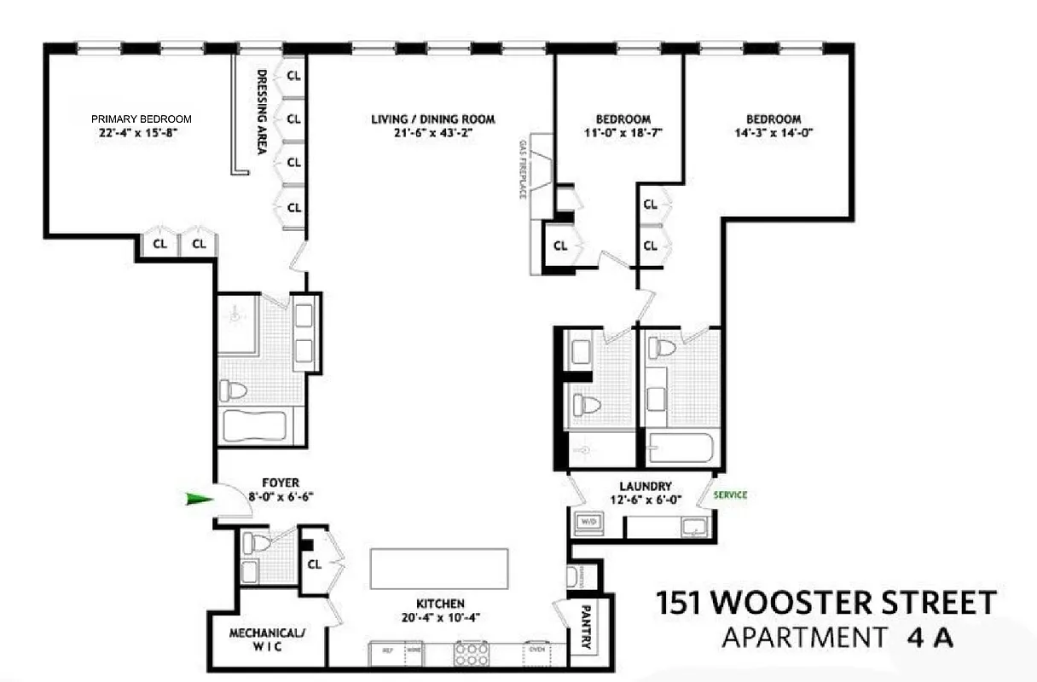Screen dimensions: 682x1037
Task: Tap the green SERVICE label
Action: point(730,495)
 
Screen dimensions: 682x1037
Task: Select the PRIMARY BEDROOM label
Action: point(142,119)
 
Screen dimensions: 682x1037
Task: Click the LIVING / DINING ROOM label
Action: point(432,119)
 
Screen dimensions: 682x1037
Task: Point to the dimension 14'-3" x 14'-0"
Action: point(773,133)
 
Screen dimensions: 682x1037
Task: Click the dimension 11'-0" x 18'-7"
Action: point(623,133)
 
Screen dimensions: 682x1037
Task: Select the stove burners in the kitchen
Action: point(470,654)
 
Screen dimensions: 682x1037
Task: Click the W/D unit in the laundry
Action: point(588,522)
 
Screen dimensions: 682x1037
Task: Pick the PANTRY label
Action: point(586,628)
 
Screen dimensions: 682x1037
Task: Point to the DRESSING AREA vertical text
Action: point(262,112)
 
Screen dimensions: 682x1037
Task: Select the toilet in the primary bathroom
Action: point(234,391)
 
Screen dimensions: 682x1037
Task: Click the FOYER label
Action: point(281,483)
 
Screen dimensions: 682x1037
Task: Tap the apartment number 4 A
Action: point(930,638)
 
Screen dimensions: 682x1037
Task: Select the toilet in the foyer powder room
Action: point(258,543)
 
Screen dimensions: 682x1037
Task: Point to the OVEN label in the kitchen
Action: point(536,649)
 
